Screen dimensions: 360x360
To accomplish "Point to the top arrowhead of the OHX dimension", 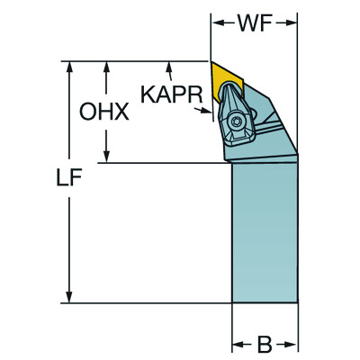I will [x=107, y=67].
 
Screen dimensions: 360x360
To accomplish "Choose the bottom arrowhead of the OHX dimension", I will [x=107, y=157].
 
